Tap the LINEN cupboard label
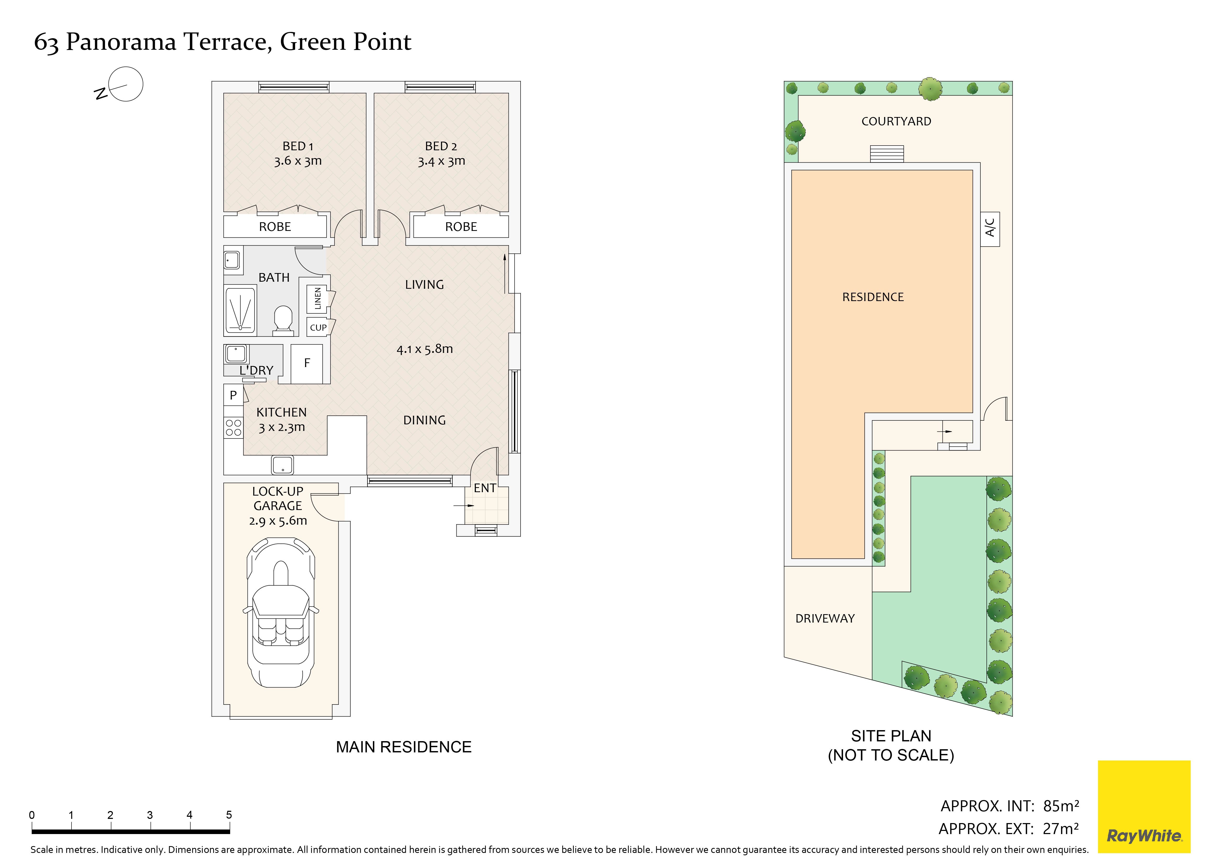318,299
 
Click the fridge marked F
307,364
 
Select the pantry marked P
233,395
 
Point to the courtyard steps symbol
887,154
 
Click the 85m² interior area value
1061,806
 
